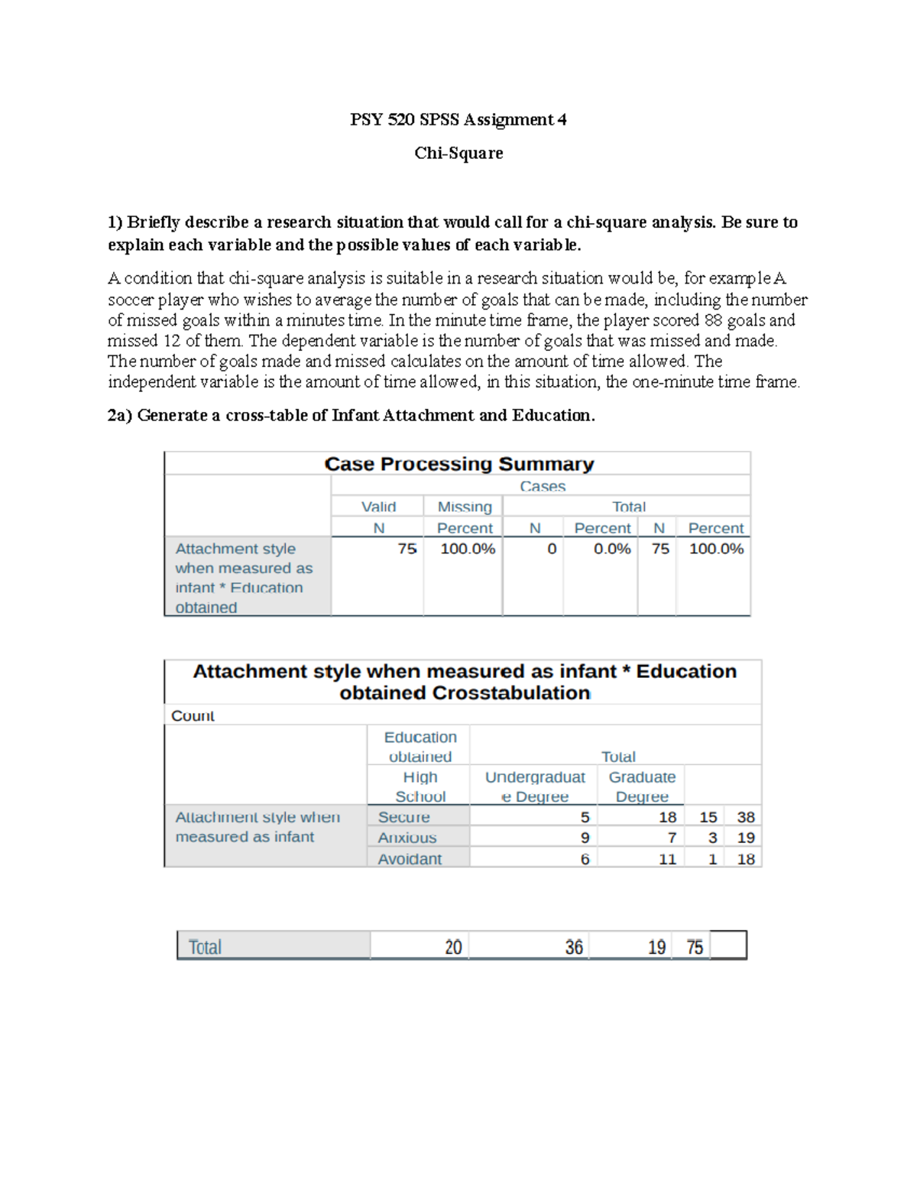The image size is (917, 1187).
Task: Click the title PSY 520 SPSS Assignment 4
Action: pos(458,119)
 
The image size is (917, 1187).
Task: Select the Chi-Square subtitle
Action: pos(458,153)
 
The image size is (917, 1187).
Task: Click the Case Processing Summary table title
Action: pos(458,464)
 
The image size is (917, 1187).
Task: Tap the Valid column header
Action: pos(378,507)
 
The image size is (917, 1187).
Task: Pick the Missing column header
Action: pos(464,507)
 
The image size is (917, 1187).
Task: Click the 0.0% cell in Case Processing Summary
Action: pos(612,549)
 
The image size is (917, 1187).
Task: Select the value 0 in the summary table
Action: pos(552,549)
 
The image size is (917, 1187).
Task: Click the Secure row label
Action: pos(403,817)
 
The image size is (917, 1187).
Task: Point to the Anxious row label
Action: pos(407,838)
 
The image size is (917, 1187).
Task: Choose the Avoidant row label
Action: pos(409,859)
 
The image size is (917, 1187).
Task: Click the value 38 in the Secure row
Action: pos(745,817)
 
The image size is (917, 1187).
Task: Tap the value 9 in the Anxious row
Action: pos(585,838)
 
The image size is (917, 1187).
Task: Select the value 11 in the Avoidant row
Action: pos(667,859)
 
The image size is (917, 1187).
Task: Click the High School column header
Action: pos(420,786)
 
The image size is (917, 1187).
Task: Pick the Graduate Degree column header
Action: pos(642,786)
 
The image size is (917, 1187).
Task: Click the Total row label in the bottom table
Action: pos(205,948)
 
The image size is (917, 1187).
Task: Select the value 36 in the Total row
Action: pos(574,948)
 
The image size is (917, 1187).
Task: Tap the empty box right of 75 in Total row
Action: pos(728,945)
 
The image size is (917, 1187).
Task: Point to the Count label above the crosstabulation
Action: pos(193,715)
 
